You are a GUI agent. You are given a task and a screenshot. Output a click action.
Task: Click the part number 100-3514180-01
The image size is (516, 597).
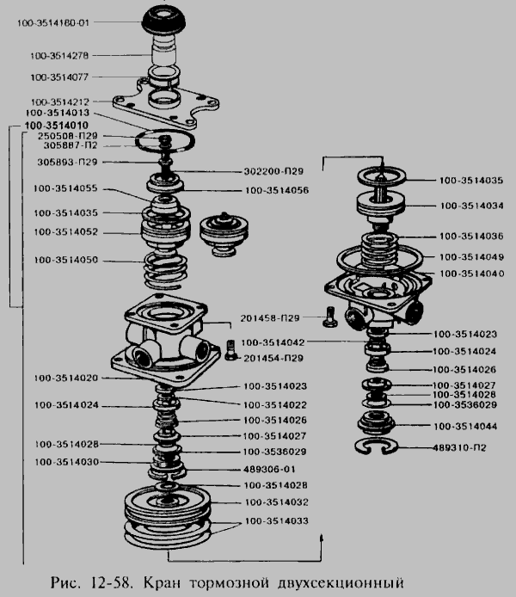click(x=53, y=23)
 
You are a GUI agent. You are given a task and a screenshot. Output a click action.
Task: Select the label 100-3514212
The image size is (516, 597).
click(x=59, y=102)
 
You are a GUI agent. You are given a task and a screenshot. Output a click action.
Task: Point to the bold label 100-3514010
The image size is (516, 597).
click(x=56, y=126)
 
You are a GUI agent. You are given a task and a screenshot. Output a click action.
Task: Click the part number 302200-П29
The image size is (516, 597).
click(x=273, y=171)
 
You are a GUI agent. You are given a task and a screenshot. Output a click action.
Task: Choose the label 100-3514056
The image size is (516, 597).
click(x=277, y=190)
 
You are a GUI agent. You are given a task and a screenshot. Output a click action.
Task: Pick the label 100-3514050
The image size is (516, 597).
click(x=66, y=260)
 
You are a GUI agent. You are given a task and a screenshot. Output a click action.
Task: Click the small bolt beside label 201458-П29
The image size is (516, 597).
click(x=330, y=317)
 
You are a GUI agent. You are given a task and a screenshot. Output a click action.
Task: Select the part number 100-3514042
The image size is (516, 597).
click(x=273, y=342)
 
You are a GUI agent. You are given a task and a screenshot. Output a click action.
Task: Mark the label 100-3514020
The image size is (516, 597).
click(x=66, y=379)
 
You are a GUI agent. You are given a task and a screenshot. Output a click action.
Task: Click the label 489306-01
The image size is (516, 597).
click(x=269, y=469)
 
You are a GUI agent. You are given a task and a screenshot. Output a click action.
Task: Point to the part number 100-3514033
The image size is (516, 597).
click(x=276, y=520)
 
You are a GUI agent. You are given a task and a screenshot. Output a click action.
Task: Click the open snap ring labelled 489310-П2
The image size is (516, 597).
click(x=376, y=446)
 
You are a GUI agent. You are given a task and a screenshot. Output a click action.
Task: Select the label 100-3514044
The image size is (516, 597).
click(x=465, y=426)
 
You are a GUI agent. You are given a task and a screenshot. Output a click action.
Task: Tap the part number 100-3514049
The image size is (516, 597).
click(x=472, y=257)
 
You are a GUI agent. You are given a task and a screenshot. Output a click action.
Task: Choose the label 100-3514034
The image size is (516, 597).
click(x=472, y=206)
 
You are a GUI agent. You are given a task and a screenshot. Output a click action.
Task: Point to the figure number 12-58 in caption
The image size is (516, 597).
click(x=113, y=583)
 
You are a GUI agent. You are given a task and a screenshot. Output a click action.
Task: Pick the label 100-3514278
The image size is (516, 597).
click(x=59, y=56)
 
